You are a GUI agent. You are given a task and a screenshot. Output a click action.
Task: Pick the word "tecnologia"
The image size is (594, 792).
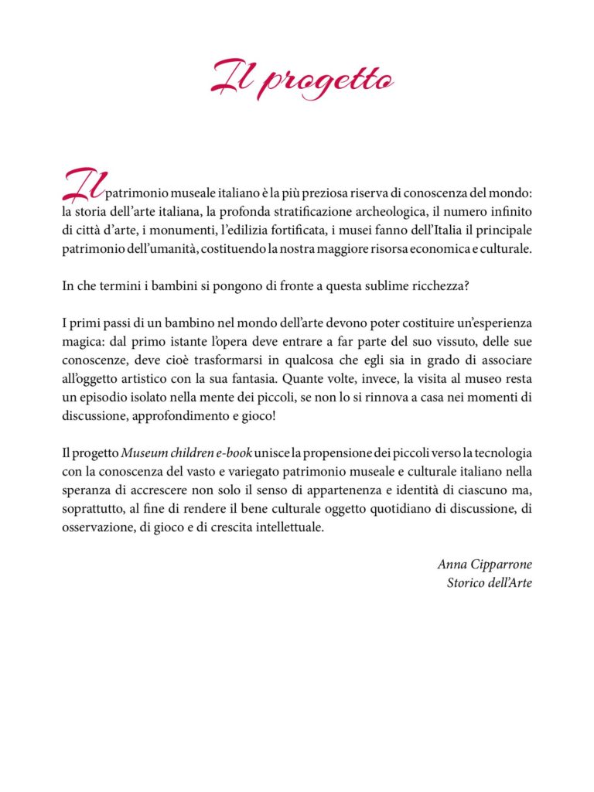tap(502, 452)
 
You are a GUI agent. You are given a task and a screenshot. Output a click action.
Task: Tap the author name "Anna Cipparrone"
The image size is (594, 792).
tap(484, 564)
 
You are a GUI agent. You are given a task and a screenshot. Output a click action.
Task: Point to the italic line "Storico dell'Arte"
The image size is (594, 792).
tap(489, 582)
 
